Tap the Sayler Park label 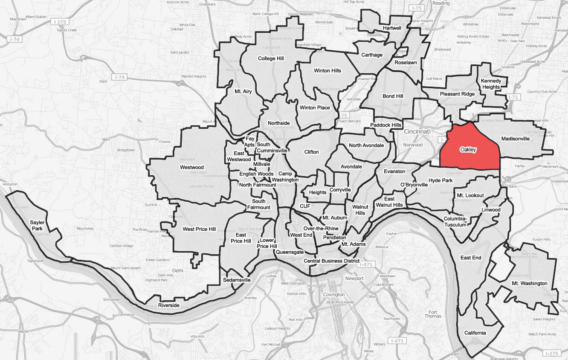[x=37, y=226]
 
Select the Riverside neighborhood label [x=169, y=305]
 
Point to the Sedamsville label [x=237, y=280]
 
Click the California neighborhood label [x=475, y=333]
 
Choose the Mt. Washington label [x=530, y=283]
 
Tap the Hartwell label [x=392, y=28]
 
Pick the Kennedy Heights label [x=491, y=84]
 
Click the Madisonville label [x=516, y=139]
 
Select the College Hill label [x=271, y=58]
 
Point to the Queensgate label [x=290, y=252]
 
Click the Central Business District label [x=331, y=261]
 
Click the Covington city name [x=334, y=294]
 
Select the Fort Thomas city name [x=433, y=314]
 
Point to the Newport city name [x=354, y=279]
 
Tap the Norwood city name [x=413, y=145]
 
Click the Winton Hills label [x=327, y=70]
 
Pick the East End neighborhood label [x=471, y=258]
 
